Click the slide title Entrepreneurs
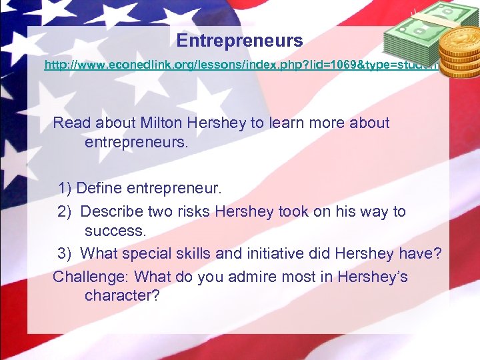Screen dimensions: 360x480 (239, 41)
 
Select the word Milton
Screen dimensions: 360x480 (162, 123)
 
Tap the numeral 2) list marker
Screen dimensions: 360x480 (65, 212)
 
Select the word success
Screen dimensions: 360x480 (114, 231)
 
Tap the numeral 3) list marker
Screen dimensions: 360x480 (65, 254)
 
